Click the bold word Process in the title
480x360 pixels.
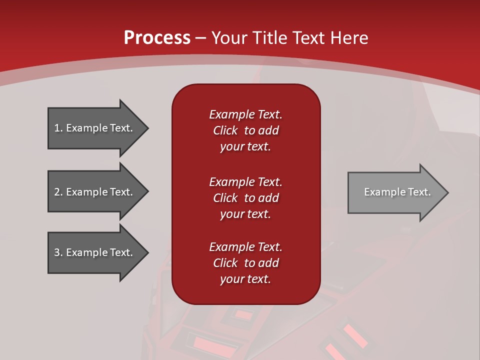click(x=157, y=38)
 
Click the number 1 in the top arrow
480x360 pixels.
click(x=57, y=128)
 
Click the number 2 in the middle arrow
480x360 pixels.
click(x=57, y=192)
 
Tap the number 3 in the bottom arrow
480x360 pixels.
click(x=57, y=252)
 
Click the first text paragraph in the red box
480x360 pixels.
click(x=245, y=130)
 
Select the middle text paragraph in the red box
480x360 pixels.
click(x=245, y=198)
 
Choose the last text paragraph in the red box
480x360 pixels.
click(x=245, y=263)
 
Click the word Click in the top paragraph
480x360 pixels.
click(x=225, y=130)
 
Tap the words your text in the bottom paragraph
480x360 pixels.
click(x=245, y=279)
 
